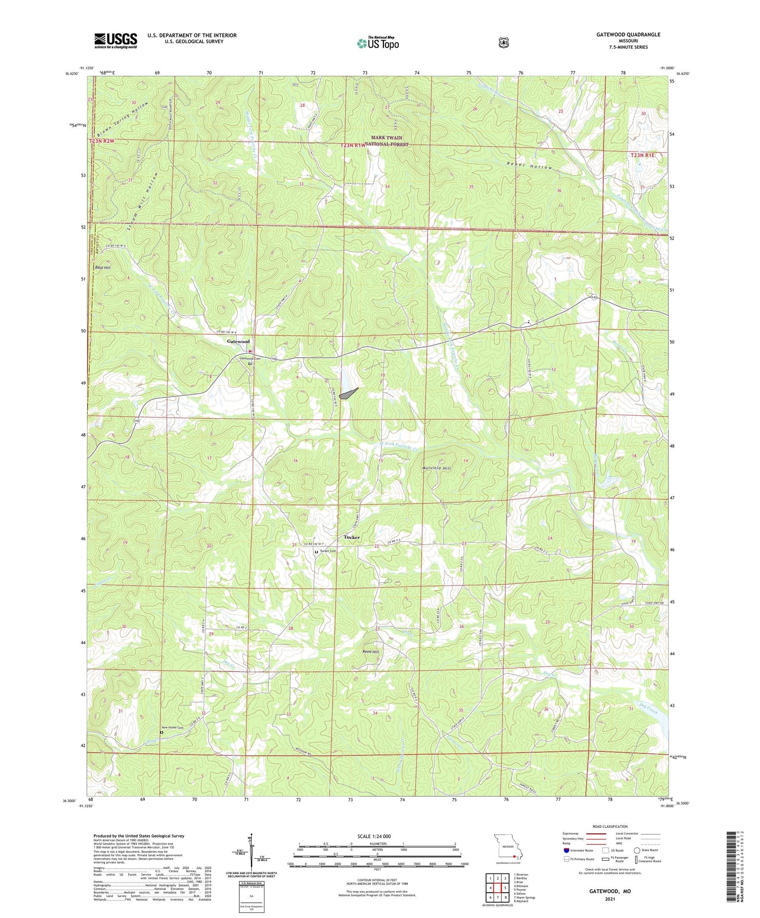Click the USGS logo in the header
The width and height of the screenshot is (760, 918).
(116, 41)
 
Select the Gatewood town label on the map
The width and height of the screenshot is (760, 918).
(238, 341)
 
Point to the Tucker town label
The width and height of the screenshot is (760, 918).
(352, 537)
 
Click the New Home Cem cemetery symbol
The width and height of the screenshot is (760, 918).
(162, 732)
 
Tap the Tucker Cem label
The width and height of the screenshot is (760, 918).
(328, 551)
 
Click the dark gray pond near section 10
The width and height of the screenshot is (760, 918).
(349, 393)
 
